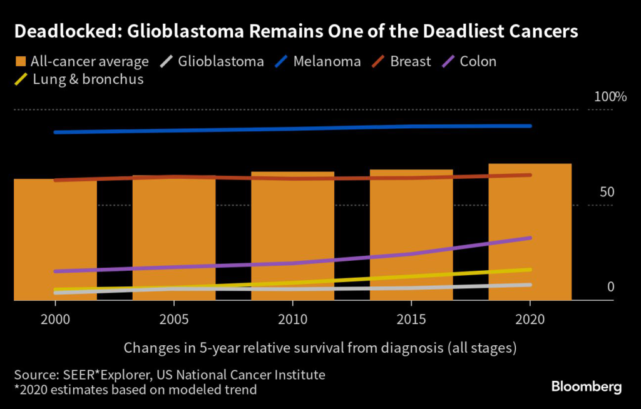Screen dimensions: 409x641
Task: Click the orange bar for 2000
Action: point(55,238)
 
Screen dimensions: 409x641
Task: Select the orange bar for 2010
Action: point(292,235)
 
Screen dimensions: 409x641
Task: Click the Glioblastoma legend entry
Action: point(212,61)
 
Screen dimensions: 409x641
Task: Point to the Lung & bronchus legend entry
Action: point(79,79)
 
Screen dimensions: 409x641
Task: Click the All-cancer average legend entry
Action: point(82,61)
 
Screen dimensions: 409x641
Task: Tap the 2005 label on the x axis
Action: point(174,320)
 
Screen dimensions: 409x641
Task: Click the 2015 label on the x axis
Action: point(411,320)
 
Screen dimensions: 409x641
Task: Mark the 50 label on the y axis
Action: point(607,193)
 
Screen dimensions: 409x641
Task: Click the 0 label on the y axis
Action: point(610,287)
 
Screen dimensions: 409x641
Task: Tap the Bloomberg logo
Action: point(586,386)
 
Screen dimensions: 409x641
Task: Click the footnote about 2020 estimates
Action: point(135,390)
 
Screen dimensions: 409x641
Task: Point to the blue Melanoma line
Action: point(292,129)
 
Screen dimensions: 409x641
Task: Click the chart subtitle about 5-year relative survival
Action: point(320,347)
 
